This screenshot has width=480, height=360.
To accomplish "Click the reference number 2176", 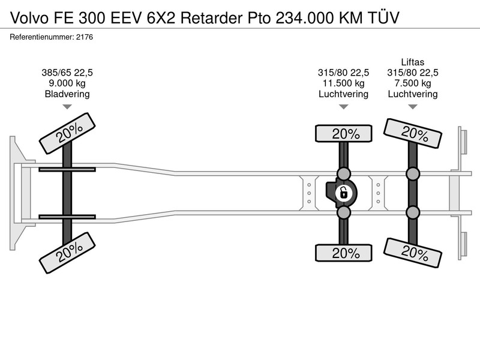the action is [x=85, y=37].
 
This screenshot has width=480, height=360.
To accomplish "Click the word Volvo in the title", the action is [x=29, y=18].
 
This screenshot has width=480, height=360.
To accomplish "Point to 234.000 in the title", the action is [x=305, y=18].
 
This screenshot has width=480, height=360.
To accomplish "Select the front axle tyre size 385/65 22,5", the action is [x=67, y=73].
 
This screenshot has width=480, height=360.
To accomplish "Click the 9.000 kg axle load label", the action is [x=67, y=83].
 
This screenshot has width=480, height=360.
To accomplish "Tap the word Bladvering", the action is [x=67, y=94].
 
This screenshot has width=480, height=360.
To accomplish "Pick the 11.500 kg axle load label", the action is [x=343, y=83].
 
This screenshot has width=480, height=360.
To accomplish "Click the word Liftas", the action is [x=413, y=62].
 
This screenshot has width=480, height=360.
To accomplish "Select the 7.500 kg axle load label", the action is [x=413, y=83].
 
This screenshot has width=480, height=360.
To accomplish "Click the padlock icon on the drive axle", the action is [x=343, y=193].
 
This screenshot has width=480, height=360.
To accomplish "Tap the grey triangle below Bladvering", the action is [x=67, y=107].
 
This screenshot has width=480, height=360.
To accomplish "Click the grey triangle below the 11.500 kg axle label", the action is [x=343, y=107].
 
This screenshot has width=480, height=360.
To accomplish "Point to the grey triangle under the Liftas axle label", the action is [x=413, y=107].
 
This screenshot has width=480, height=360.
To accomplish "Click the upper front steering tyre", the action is [x=67, y=133].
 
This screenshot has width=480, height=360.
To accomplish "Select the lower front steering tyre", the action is [x=67, y=253].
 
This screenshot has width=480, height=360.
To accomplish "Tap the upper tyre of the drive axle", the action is [x=343, y=133].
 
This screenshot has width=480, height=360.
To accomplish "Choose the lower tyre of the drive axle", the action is [x=343, y=253].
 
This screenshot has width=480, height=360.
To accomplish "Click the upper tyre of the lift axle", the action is [x=413, y=133].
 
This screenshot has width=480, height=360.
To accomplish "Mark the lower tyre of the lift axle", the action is [x=413, y=253].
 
